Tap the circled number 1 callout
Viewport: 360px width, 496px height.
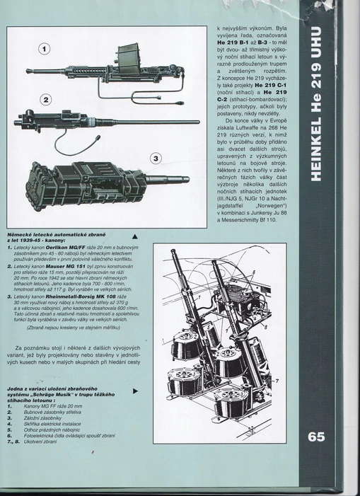(43, 50)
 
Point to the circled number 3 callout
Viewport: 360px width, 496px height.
(156, 158)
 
